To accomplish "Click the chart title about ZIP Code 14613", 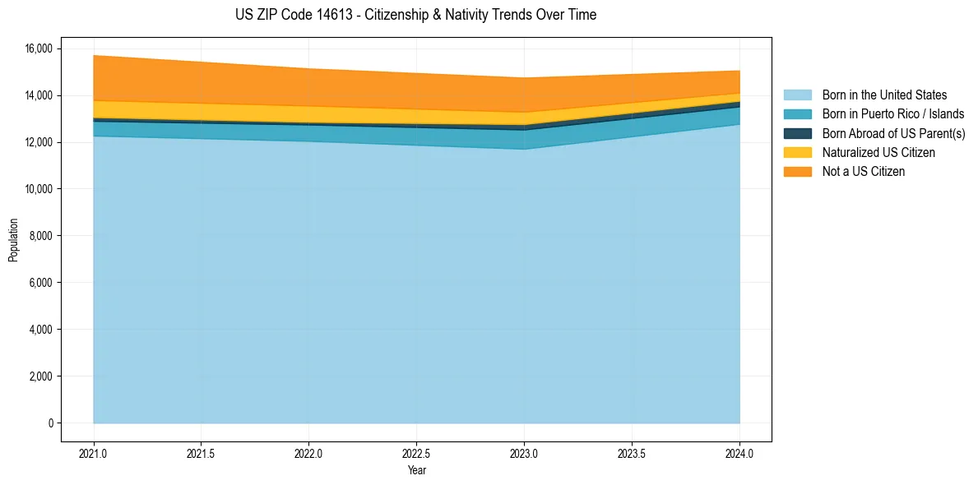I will (x=415, y=15).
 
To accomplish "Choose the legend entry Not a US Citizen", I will (x=863, y=171).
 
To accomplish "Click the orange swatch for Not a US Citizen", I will (x=797, y=171).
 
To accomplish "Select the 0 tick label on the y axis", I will (x=50, y=423).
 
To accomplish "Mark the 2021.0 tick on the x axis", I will (x=93, y=452).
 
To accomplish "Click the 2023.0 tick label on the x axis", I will (x=524, y=452).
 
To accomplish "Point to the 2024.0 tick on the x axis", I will (x=739, y=452).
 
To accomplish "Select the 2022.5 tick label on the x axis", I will (x=416, y=452).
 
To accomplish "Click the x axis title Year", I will (x=416, y=470).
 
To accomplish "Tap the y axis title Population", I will (x=13, y=240).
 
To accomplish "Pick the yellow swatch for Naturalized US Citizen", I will (x=797, y=152).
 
